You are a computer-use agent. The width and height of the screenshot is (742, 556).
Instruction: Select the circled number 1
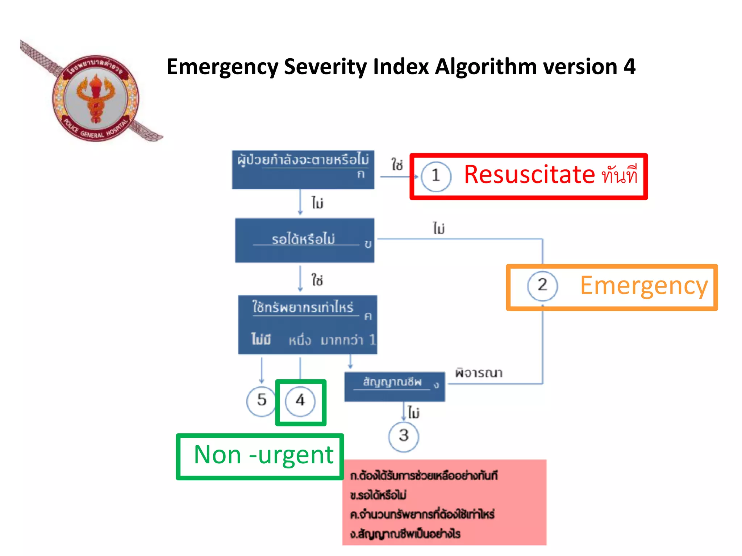[436, 176]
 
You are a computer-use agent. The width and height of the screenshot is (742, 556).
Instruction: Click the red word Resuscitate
[529, 175]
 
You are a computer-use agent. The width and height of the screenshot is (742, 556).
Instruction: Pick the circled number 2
[542, 286]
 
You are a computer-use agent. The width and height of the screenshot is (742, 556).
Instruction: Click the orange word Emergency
[644, 286]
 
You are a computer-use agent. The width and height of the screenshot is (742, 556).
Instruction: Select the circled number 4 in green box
[300, 401]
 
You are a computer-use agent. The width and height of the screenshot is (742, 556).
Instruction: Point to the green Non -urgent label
[263, 455]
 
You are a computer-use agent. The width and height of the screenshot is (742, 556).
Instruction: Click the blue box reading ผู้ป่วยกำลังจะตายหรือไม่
[303, 169]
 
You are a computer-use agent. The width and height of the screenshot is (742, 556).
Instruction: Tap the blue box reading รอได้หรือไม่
[304, 240]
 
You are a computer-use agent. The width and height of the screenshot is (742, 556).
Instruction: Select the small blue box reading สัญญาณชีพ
[394, 386]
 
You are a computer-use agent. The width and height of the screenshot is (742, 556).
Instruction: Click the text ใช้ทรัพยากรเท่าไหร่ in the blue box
[303, 308]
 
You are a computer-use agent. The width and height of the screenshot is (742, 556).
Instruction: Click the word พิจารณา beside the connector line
[479, 373]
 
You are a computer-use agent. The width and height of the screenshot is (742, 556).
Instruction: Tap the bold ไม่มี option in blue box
[261, 340]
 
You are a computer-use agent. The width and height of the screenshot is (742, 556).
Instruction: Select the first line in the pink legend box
[424, 476]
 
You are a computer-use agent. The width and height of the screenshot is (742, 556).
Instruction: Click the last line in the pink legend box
[405, 534]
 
